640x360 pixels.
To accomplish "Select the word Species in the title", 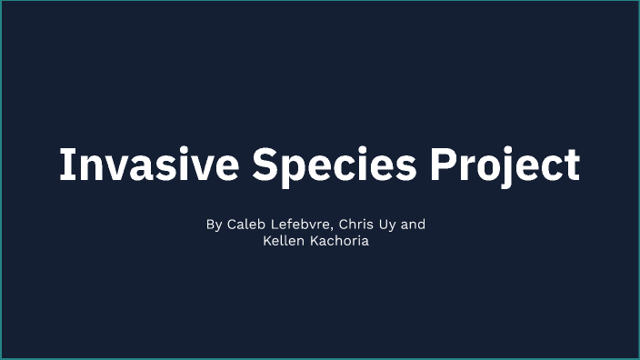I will (x=335, y=165).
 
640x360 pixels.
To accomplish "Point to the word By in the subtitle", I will (x=214, y=225).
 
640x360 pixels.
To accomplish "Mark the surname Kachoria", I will (x=338, y=243).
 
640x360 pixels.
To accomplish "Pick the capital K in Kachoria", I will (x=312, y=243).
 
